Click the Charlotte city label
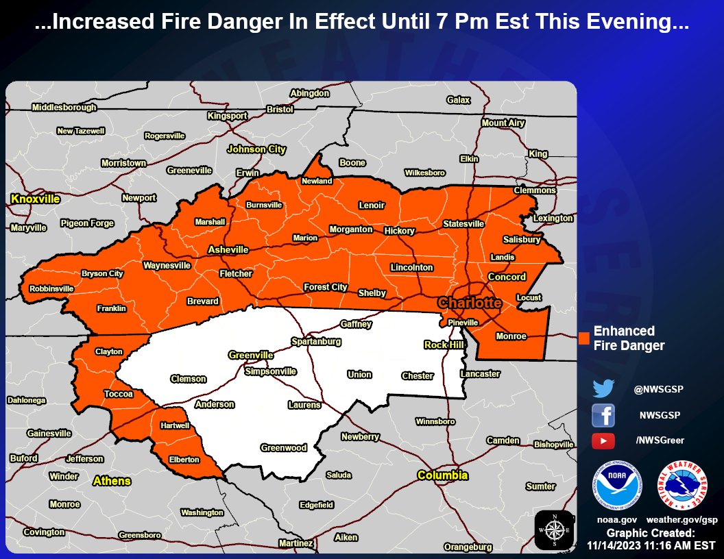click(470, 303)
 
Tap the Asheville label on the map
click(228, 249)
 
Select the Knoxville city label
click(35, 199)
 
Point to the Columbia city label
click(443, 475)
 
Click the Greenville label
click(251, 355)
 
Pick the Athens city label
click(112, 481)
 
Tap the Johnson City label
click(256, 149)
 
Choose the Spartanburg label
click(316, 340)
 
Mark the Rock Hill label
click(444, 345)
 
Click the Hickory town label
click(399, 231)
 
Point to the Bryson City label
click(102, 273)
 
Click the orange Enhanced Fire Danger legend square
click(584, 338)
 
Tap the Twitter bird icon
click(603, 389)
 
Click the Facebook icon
click(603, 415)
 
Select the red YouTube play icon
click(603, 441)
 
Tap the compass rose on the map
click(555, 530)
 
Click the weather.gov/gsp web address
click(681, 520)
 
